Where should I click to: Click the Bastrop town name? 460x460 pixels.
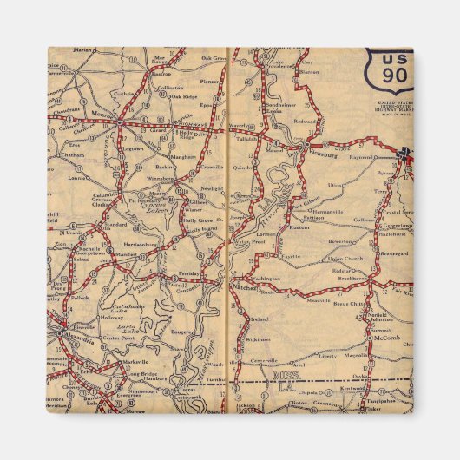tap(161, 73)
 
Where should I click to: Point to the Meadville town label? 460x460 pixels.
tap(319, 300)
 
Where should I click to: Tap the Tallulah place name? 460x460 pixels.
tap(248, 137)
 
